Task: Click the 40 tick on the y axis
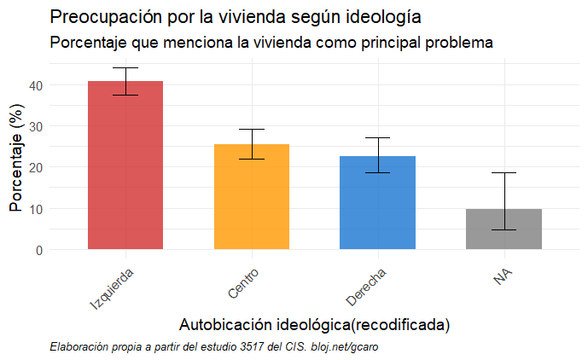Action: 36,85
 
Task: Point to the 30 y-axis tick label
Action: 36,126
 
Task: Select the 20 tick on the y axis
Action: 36,167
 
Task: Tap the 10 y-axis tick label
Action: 36,209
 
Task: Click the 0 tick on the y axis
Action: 39,250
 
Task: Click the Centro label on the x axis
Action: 243,283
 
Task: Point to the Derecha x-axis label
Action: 366,286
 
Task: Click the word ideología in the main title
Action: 379,17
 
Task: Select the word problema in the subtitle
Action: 462,42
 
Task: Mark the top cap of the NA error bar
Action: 504,173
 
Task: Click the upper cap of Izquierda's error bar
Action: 125,68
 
